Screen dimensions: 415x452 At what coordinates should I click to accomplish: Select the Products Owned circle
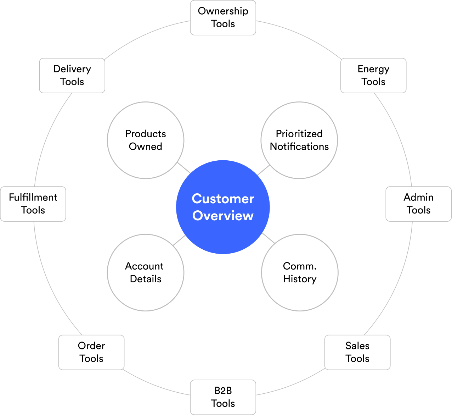point(146,140)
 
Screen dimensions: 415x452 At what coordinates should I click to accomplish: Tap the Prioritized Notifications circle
point(299,140)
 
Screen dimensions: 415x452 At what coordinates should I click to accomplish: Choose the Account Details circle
point(146,272)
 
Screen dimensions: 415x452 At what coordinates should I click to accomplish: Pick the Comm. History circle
point(300,272)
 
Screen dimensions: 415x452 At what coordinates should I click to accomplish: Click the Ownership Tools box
point(223,18)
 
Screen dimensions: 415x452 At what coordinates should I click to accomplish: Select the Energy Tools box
point(373,76)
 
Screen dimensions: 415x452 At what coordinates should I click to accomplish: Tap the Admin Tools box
point(418,204)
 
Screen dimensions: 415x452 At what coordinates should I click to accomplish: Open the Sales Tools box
point(357,352)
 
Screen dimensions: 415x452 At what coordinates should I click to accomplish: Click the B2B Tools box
point(223,397)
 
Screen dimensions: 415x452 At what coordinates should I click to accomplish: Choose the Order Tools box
point(91,352)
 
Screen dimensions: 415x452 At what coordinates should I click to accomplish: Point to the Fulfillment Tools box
point(33,204)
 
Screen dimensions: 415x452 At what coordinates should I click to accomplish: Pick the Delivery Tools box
point(72,76)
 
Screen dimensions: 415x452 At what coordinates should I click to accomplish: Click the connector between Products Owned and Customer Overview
point(184,168)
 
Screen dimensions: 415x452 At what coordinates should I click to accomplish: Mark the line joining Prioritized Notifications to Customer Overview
point(263,170)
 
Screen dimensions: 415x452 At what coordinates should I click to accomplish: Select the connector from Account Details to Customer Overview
point(179,240)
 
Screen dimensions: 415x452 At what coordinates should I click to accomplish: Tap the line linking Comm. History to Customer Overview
point(268,238)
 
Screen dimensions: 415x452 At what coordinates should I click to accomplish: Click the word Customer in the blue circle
point(223,199)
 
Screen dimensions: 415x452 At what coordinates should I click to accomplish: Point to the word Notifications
point(299,146)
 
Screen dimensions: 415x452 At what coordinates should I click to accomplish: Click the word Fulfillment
point(33,197)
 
